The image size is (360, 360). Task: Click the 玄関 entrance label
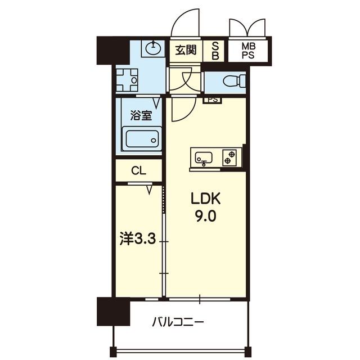[x=185, y=50]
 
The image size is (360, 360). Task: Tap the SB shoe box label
[x=215, y=50]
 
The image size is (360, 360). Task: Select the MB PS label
[x=248, y=49]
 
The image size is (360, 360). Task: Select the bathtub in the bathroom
[x=143, y=138]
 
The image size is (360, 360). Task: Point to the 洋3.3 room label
[x=137, y=239]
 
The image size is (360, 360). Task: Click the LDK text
[x=207, y=199]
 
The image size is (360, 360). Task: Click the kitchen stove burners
[x=229, y=156]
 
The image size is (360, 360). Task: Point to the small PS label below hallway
[x=212, y=100]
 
